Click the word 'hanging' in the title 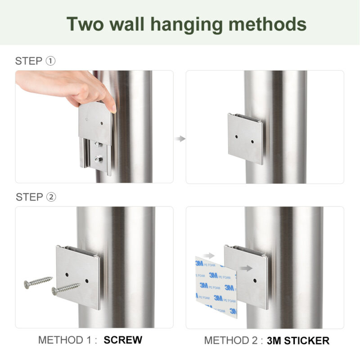[x=187, y=25]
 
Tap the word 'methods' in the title [x=267, y=24]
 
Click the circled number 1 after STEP [x=50, y=61]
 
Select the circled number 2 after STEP [x=51, y=197]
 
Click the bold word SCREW [x=123, y=340]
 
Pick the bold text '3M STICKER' [x=298, y=341]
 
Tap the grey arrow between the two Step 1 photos [x=180, y=139]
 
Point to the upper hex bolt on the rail [x=98, y=144]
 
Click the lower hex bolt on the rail [x=99, y=159]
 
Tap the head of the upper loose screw [x=27, y=284]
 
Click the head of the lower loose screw [x=54, y=291]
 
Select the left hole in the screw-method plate [x=67, y=274]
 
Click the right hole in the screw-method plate [x=87, y=281]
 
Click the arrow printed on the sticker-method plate [x=245, y=268]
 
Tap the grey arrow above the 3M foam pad [x=209, y=256]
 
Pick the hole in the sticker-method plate [x=255, y=280]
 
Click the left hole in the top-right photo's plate [x=237, y=137]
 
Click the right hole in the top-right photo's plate [x=252, y=142]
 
